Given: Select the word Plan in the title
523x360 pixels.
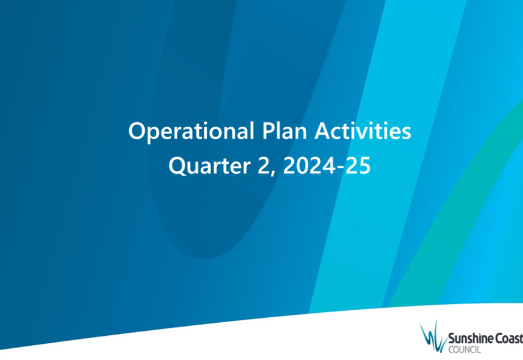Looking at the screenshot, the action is [284, 131].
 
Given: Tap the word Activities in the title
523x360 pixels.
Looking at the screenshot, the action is [363, 131].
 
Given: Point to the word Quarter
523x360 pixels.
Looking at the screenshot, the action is [209, 166].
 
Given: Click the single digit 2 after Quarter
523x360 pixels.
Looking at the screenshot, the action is [263, 165].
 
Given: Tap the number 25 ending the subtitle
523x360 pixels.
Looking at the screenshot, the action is [358, 165].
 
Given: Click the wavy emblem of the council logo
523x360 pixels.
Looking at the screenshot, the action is [433, 336].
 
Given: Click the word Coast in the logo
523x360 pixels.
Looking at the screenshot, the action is [505, 339].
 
